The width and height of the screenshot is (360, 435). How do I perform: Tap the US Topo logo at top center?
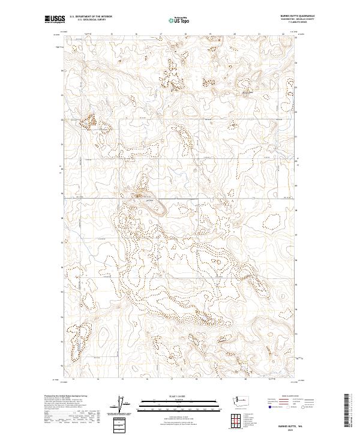[179, 19]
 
